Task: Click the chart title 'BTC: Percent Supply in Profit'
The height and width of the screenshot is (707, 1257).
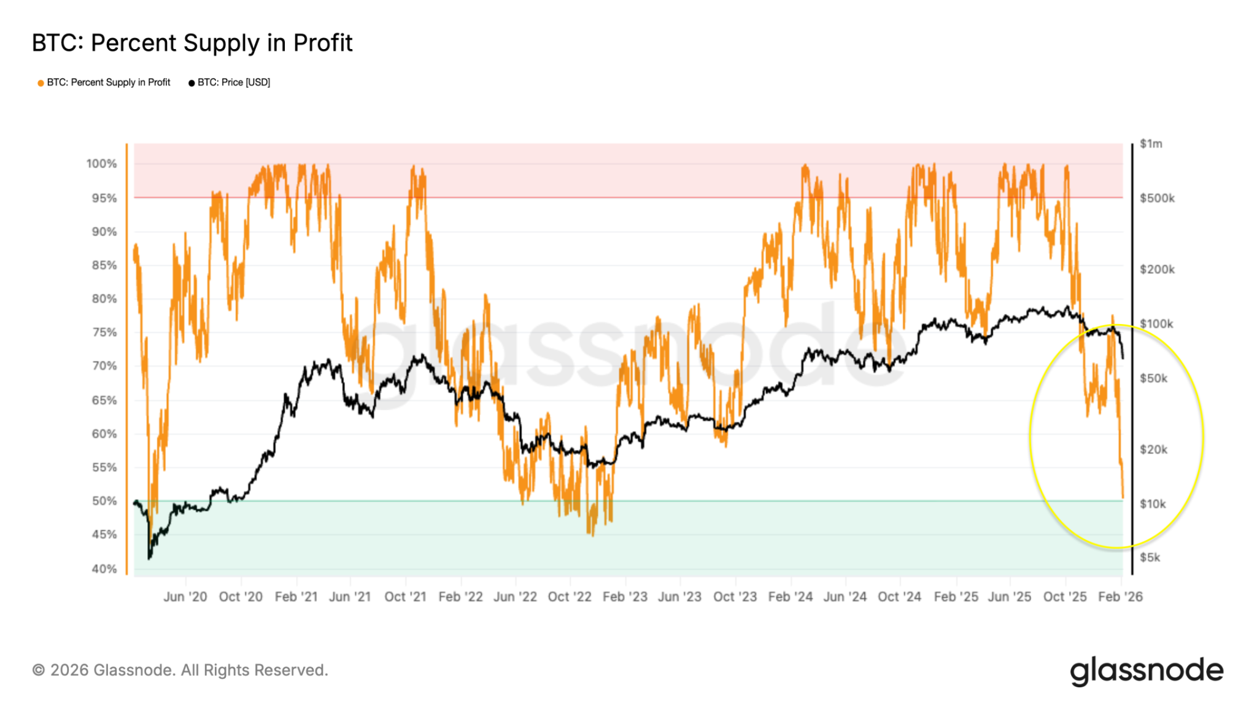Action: tap(192, 43)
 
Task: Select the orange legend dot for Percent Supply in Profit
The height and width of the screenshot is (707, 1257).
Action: tap(41, 83)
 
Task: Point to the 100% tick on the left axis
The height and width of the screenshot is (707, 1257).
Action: tap(101, 164)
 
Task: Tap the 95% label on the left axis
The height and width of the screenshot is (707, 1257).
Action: tap(104, 198)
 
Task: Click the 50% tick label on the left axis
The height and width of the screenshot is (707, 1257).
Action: tap(104, 501)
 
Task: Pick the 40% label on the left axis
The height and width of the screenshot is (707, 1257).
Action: tap(104, 569)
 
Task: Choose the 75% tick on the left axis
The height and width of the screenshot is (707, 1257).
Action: tap(104, 332)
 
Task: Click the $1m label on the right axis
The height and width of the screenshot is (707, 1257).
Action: tap(1151, 144)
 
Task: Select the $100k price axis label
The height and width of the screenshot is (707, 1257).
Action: tap(1156, 323)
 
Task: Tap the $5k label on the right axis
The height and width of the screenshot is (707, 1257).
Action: tap(1150, 557)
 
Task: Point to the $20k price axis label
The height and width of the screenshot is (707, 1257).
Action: tap(1153, 449)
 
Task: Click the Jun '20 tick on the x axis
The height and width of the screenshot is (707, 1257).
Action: tap(185, 597)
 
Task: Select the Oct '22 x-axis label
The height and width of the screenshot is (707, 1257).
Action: tap(569, 597)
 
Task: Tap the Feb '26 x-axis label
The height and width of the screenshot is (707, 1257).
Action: tap(1120, 597)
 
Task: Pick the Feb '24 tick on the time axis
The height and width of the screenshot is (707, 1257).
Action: tap(790, 597)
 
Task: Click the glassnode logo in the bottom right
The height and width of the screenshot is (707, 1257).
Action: tap(1147, 671)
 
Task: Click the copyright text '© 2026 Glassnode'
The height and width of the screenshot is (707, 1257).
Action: tap(180, 670)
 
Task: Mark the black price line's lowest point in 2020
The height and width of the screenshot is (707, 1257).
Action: tap(149, 558)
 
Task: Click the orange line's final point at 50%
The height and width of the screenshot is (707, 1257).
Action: tap(1123, 498)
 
